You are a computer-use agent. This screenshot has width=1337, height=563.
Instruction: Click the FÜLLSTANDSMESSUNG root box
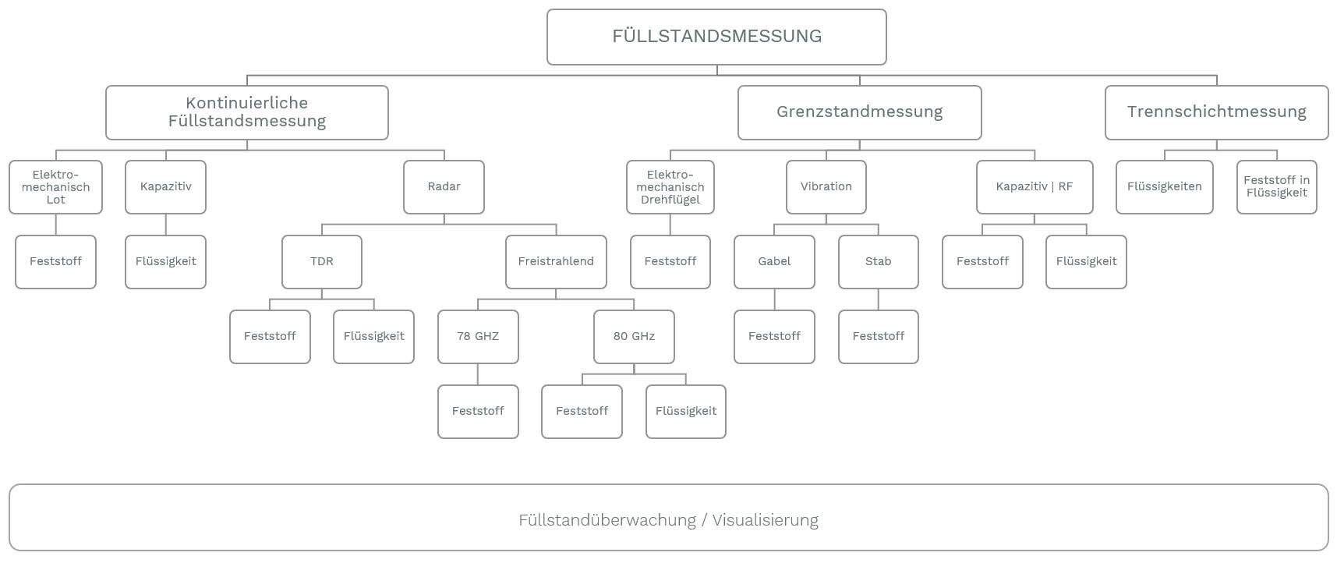[x=716, y=37]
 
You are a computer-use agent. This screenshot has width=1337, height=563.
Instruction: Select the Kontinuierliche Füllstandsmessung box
[x=247, y=112]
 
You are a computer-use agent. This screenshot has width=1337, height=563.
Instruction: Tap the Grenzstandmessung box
[x=859, y=112]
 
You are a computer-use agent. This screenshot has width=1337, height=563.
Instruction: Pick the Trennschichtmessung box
[x=1216, y=112]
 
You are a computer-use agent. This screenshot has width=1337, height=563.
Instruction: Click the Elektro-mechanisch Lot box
[x=55, y=187]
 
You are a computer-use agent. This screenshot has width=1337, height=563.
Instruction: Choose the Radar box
[x=444, y=187]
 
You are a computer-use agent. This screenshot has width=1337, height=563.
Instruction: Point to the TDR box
[x=322, y=262]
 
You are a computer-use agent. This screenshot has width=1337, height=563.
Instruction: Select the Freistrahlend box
[x=556, y=262]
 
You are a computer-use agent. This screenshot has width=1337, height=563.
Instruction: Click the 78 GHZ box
[x=478, y=337]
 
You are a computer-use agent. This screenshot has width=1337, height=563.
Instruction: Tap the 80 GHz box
[x=634, y=337]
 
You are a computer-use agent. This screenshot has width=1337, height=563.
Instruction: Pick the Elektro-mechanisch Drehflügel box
[x=670, y=187]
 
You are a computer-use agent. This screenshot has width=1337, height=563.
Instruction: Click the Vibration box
[x=826, y=187]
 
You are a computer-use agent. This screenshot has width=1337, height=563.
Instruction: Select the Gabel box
[x=774, y=262]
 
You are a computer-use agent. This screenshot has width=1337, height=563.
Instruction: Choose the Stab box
[x=879, y=262]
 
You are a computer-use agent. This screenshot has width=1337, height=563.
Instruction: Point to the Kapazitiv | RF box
[x=1035, y=187]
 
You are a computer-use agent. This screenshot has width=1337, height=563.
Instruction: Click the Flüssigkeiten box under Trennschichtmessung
[x=1165, y=187]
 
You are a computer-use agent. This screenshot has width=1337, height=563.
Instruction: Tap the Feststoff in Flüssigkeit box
[x=1277, y=187]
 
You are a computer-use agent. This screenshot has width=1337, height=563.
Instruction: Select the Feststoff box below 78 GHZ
[x=478, y=412]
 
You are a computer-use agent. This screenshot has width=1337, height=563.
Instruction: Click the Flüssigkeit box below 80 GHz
[x=686, y=412]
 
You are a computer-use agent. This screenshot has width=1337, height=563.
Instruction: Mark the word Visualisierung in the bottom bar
[x=765, y=520]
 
